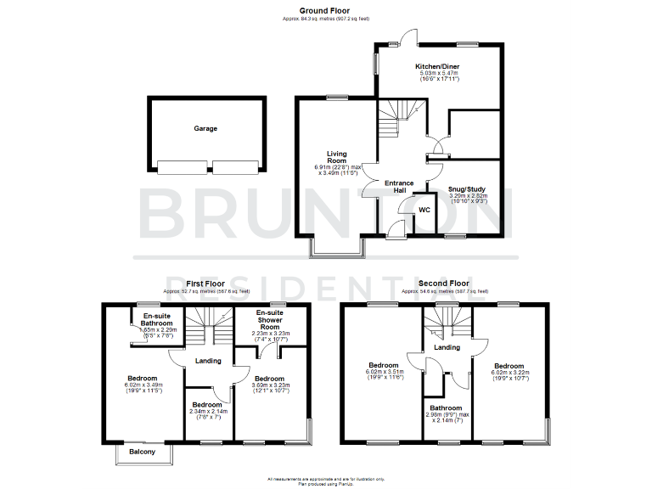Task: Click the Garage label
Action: tap(205, 129)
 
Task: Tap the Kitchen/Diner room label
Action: tap(438, 66)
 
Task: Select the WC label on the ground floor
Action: tap(425, 210)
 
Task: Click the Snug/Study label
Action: tap(468, 189)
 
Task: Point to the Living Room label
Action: tap(337, 157)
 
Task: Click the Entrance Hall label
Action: tap(399, 187)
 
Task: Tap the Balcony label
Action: tap(143, 452)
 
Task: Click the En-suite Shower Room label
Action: tap(270, 320)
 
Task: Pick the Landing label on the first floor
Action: tap(208, 361)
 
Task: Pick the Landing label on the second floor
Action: tap(447, 347)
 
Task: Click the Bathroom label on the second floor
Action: tap(446, 407)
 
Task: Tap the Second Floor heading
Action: tap(443, 283)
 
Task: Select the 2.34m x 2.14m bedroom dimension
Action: tap(208, 413)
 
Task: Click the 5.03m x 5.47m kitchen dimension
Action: tap(438, 74)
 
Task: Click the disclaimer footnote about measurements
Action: tap(325, 478)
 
